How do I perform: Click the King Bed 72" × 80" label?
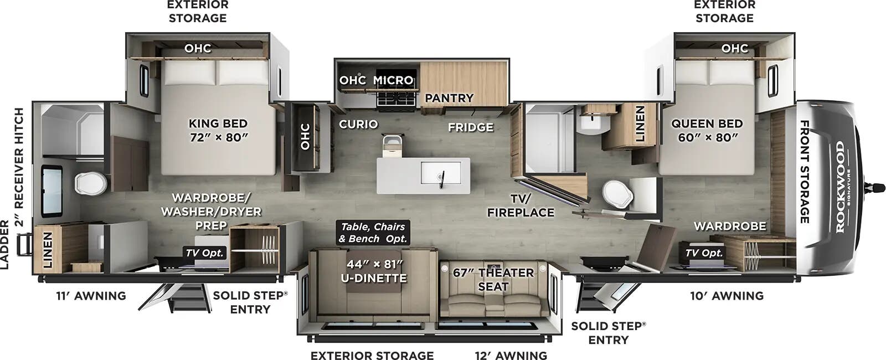pos(218,130)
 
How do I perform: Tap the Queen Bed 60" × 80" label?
pos(707,130)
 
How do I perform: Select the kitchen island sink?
pos(441,173)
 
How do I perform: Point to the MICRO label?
pos(393,80)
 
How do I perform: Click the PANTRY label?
pos(449,98)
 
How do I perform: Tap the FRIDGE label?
pos(470,127)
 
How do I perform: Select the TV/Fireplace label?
pos(521,205)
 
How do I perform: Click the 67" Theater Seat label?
pos(493,279)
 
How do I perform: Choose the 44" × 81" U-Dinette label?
pos(377,271)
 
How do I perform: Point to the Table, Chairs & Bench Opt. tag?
pos(373,233)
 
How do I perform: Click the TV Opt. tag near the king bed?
pos(205,253)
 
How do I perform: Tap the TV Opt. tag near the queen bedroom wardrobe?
pos(704,253)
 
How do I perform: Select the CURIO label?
pos(358,124)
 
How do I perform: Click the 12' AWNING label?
pos(511,355)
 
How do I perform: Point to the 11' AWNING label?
pos(91,296)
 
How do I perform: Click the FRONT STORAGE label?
pos(805,172)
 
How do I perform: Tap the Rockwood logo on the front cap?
pos(840,187)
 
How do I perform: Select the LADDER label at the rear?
pos(5,244)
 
